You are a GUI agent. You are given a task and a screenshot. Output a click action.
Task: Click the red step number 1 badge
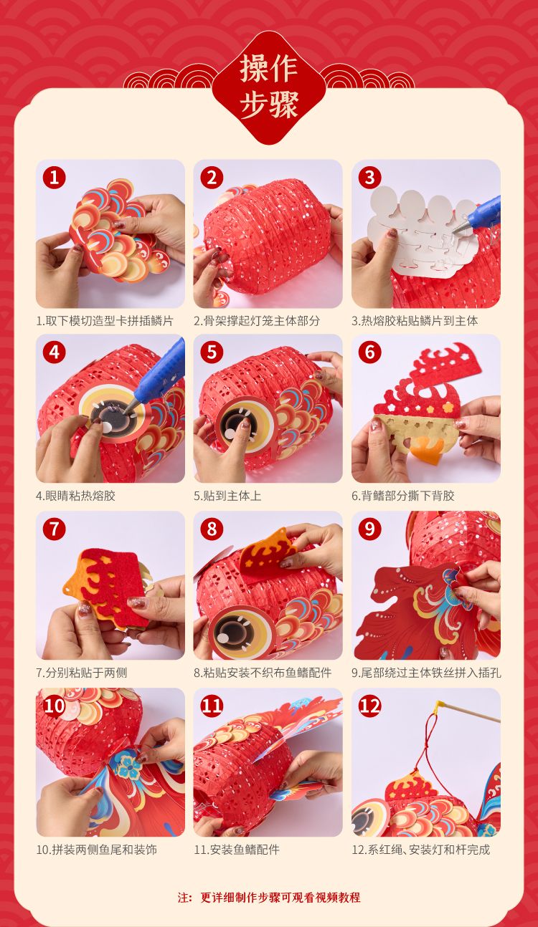[55, 178]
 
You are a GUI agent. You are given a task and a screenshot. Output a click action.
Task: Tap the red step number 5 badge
[212, 352]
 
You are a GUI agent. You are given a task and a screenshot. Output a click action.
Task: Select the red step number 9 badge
[369, 529]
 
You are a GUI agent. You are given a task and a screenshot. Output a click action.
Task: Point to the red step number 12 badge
[369, 706]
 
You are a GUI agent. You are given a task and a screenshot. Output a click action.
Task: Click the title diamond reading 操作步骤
[268, 87]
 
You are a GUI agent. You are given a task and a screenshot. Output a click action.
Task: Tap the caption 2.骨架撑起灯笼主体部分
[257, 321]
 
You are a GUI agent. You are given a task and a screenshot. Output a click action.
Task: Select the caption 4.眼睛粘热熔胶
[75, 495]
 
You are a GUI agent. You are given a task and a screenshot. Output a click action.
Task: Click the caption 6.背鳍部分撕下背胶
[403, 495]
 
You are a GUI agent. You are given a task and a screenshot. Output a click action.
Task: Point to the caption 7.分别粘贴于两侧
[81, 673]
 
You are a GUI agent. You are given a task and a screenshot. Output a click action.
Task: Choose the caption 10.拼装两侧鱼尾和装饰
[97, 850]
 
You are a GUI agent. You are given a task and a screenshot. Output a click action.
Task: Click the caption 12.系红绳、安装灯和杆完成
[420, 850]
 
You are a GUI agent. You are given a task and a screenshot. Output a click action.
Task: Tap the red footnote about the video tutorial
[269, 897]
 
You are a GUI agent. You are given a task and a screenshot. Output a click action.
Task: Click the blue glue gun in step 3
[478, 213]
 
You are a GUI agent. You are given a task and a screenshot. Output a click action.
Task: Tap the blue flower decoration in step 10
[129, 768]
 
